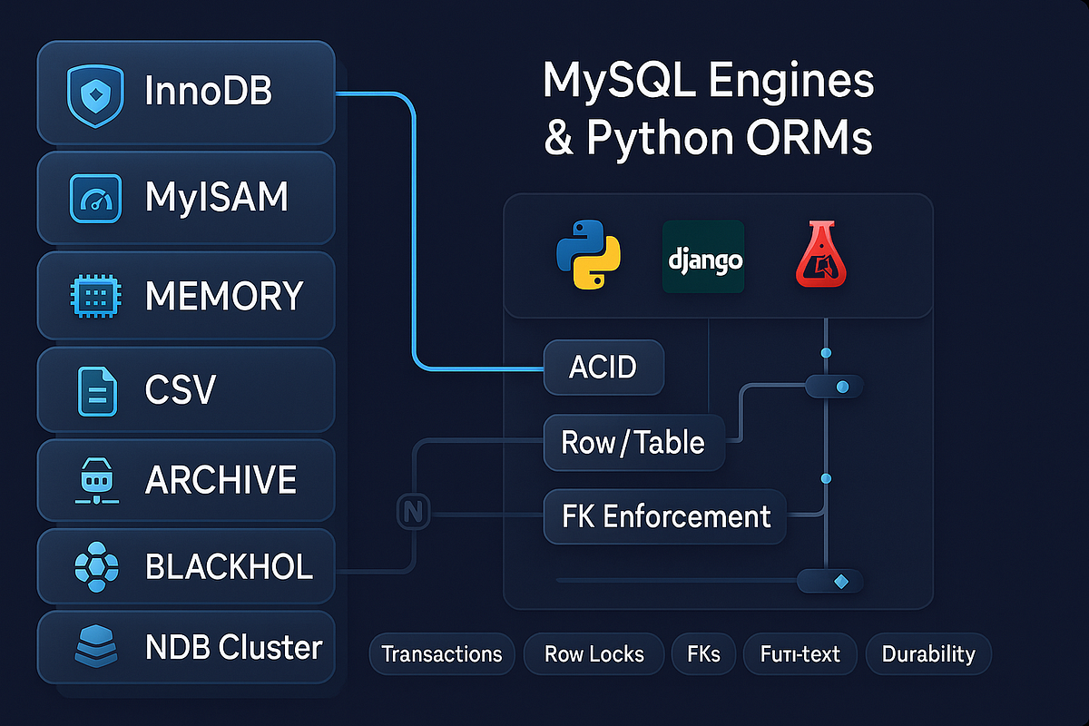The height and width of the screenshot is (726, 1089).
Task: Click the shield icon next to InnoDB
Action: [94, 93]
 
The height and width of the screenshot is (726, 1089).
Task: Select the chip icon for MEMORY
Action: [94, 297]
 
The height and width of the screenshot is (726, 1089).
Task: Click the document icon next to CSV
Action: [94, 390]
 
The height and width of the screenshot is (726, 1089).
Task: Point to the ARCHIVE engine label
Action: [221, 480]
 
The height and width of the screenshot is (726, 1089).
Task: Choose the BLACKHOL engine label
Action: [229, 567]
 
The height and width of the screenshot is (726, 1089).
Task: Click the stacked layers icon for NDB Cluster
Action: [94, 646]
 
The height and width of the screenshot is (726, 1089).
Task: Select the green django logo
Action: [703, 257]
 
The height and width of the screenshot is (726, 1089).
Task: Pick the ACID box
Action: [603, 368]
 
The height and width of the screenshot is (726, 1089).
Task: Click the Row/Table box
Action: [633, 442]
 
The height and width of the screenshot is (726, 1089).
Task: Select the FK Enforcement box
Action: [664, 516]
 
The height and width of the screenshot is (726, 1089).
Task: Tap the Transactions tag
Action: [442, 654]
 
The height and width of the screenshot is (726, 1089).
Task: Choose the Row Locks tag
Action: [594, 654]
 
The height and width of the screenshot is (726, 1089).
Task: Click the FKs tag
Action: [702, 654]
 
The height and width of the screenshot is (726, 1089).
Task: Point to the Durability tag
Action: [928, 654]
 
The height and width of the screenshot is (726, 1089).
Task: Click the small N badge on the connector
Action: [414, 512]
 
